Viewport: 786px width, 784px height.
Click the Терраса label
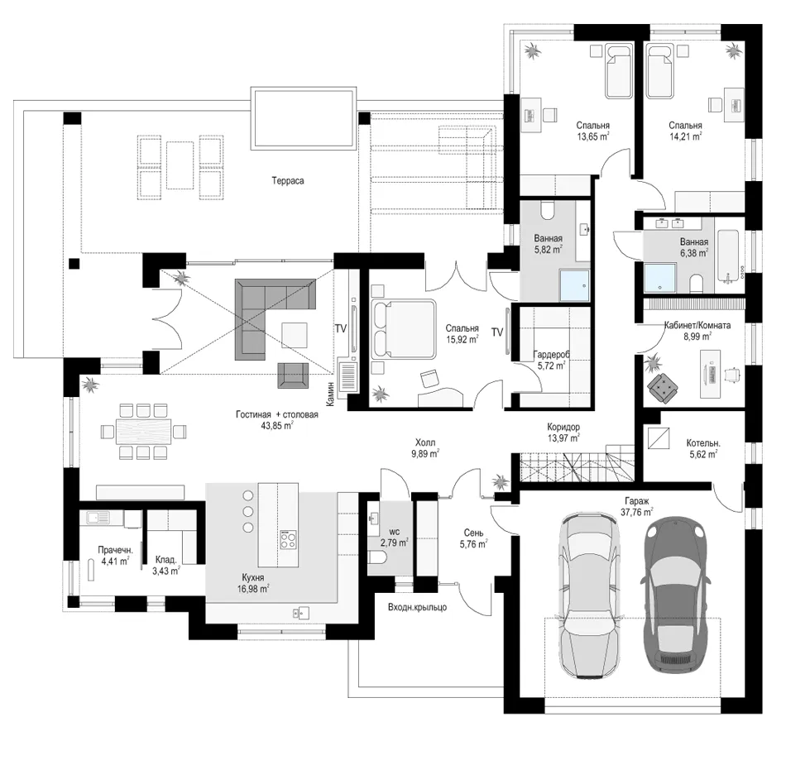pyautogui.click(x=288, y=180)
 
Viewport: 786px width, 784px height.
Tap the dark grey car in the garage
pyautogui.click(x=675, y=596)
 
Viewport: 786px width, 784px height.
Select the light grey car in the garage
pyautogui.click(x=588, y=595)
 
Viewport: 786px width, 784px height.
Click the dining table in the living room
pyautogui.click(x=143, y=431)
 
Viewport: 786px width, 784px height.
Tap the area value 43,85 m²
pyautogui.click(x=277, y=426)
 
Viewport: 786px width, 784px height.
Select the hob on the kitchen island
pyautogui.click(x=288, y=539)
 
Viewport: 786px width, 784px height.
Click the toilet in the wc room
pyautogui.click(x=378, y=557)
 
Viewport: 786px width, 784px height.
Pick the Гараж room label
pyautogui.click(x=636, y=501)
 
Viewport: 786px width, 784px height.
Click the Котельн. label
pyautogui.click(x=703, y=443)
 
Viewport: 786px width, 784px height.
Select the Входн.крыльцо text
pyautogui.click(x=418, y=607)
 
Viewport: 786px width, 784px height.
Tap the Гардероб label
pyautogui.click(x=551, y=355)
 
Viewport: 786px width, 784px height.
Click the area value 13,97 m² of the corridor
pyautogui.click(x=563, y=438)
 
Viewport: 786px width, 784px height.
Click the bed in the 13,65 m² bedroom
pyautogui.click(x=619, y=71)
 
